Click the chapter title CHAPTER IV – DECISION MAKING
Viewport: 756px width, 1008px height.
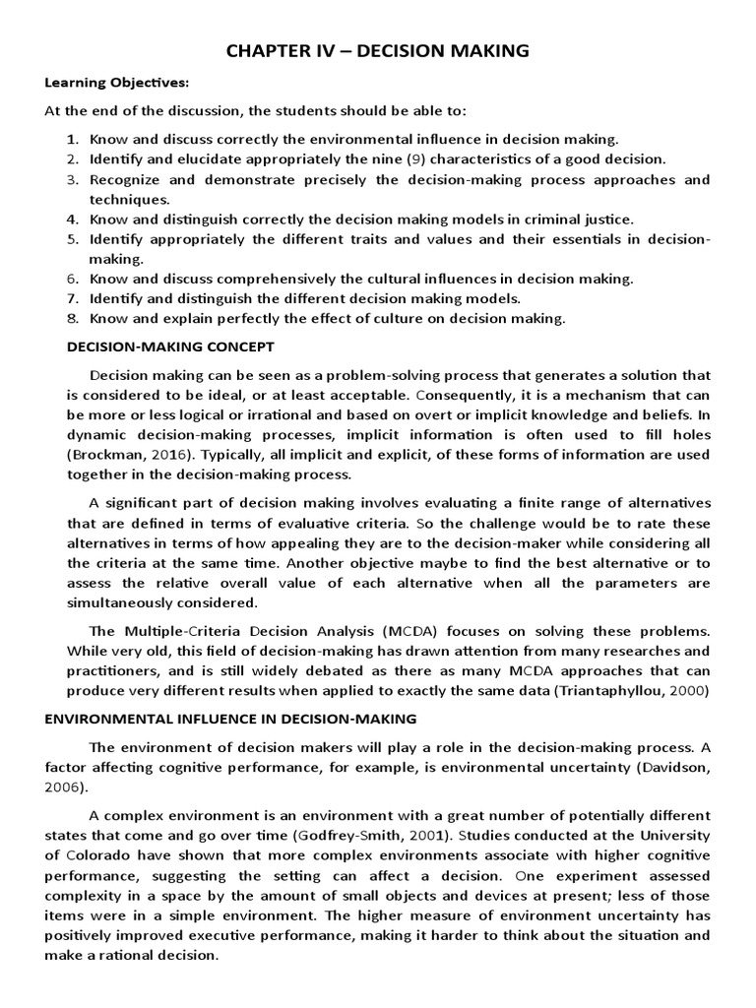pos(378,51)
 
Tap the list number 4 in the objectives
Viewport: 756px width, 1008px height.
pos(72,220)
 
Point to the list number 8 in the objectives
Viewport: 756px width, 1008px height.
pos(72,318)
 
